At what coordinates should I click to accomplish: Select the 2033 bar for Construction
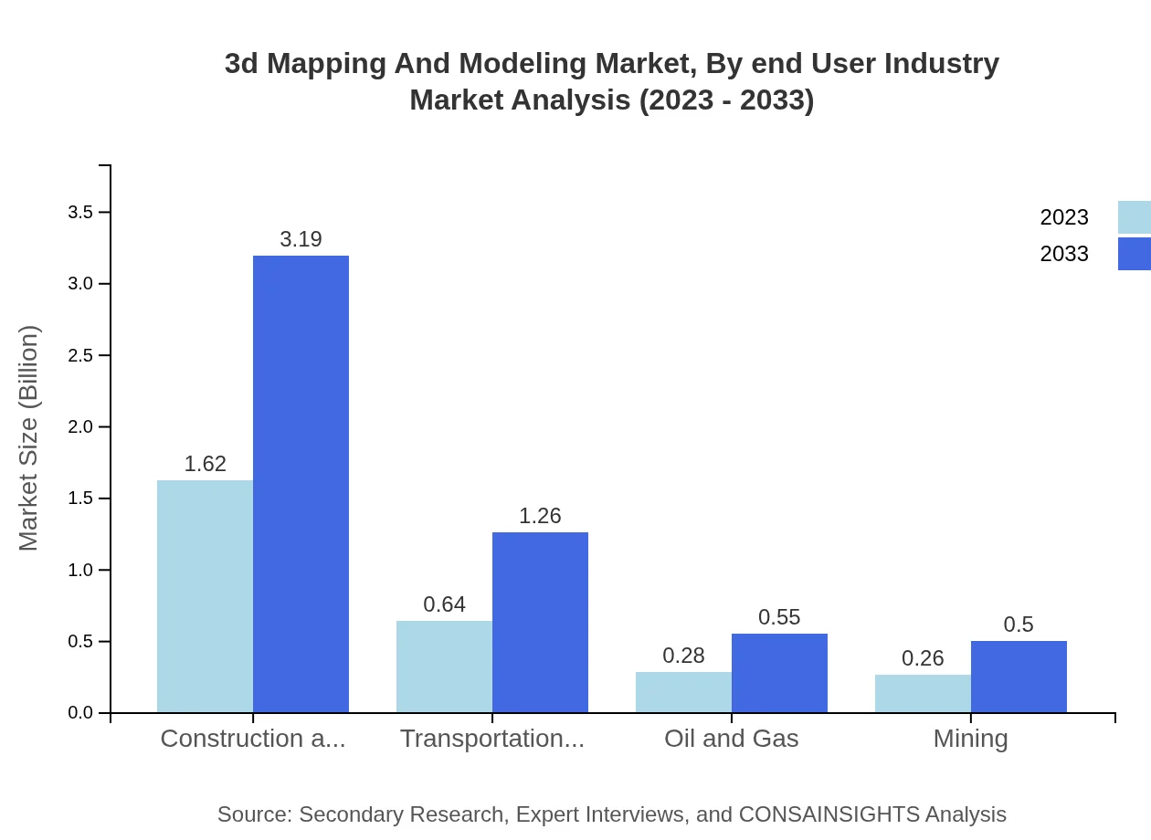[x=301, y=484]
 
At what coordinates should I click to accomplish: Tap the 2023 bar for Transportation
[x=444, y=667]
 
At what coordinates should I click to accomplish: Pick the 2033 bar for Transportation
[x=540, y=622]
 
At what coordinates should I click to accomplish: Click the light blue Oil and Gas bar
[x=683, y=692]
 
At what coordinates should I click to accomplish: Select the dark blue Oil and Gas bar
[x=779, y=673]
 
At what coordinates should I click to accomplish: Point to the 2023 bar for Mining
[x=923, y=693]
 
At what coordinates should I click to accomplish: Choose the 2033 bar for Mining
[x=1019, y=677]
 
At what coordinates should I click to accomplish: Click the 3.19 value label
[x=301, y=239]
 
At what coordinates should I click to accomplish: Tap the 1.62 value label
[x=205, y=464]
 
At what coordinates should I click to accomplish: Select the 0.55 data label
[x=779, y=617]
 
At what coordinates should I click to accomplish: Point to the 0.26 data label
[x=923, y=658]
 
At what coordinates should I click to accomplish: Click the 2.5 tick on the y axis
[x=80, y=355]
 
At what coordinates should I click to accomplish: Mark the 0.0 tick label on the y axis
[x=80, y=713]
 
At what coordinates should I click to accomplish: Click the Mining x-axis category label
[x=970, y=739]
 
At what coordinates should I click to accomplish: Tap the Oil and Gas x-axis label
[x=731, y=739]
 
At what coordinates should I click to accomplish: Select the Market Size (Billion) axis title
[x=28, y=438]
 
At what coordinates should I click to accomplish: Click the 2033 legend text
[x=1064, y=254]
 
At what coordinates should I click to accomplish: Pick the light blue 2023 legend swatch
[x=1134, y=217]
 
